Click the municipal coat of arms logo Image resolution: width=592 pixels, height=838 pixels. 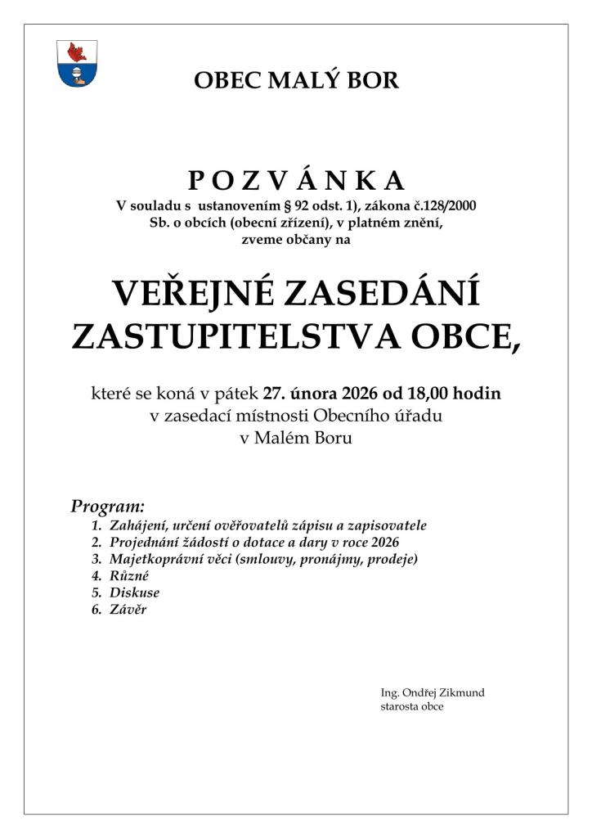tap(77, 63)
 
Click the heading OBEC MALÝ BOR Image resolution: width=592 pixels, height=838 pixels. tap(296, 80)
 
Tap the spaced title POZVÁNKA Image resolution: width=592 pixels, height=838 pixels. tap(296, 180)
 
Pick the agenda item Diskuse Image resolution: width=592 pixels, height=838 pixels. tap(134, 593)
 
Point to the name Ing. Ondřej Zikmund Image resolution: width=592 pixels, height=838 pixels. tap(433, 693)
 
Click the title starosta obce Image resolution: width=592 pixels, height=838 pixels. tap(412, 706)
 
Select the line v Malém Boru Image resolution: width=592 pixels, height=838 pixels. tap(296, 438)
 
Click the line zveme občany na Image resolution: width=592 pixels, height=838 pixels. tap(296, 239)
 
